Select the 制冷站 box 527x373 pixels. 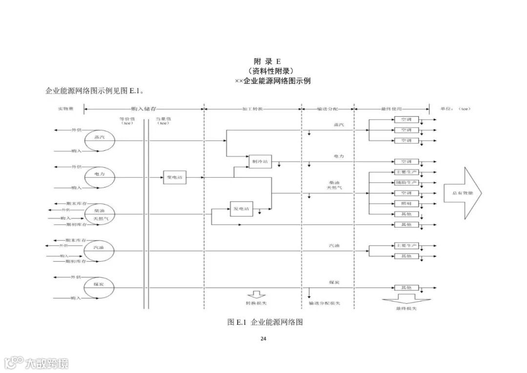(260, 162)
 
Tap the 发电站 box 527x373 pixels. (241, 209)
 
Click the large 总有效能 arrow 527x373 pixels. (462, 192)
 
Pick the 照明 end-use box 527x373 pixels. (406, 203)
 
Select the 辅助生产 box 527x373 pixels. (406, 183)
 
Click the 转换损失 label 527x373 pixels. (256, 304)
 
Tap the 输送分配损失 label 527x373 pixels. (324, 304)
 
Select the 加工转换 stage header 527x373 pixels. (252, 108)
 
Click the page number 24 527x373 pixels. (263, 339)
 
